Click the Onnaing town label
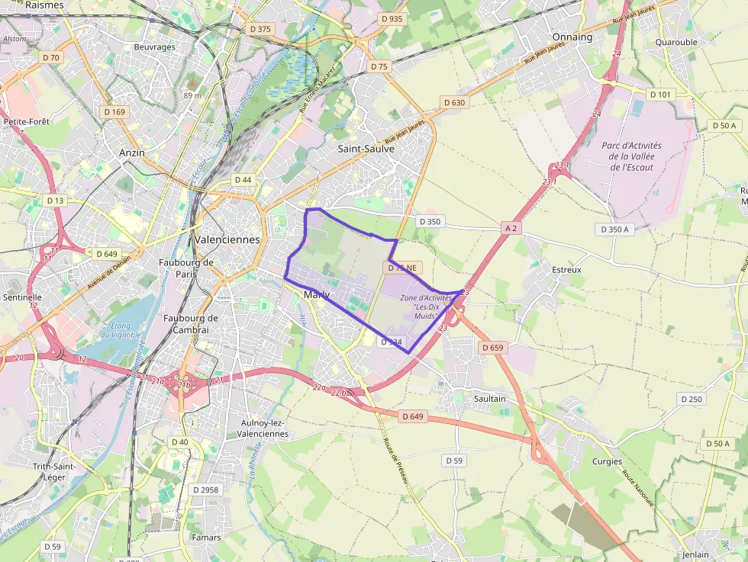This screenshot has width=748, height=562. click(572, 37)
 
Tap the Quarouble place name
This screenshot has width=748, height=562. click(676, 42)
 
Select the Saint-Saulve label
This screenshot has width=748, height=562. click(366, 149)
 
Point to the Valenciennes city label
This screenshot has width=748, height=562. click(227, 239)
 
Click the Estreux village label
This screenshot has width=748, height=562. click(566, 269)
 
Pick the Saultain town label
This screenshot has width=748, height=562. click(489, 398)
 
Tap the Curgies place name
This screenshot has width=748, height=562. click(607, 461)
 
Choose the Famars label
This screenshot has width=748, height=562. click(206, 537)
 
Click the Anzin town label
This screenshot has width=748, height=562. click(132, 153)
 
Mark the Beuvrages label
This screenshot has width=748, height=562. click(154, 47)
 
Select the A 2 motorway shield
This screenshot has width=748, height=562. click(511, 227)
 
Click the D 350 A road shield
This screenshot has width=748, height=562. click(614, 229)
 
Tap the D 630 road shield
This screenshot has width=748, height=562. click(453, 102)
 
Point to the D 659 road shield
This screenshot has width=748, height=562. click(493, 347)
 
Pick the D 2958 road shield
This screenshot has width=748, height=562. click(205, 490)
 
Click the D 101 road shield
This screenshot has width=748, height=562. click(660, 94)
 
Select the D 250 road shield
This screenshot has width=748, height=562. click(691, 399)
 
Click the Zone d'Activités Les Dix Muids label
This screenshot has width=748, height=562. click(426, 307)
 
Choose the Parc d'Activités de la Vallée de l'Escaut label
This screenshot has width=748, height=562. click(631, 156)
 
